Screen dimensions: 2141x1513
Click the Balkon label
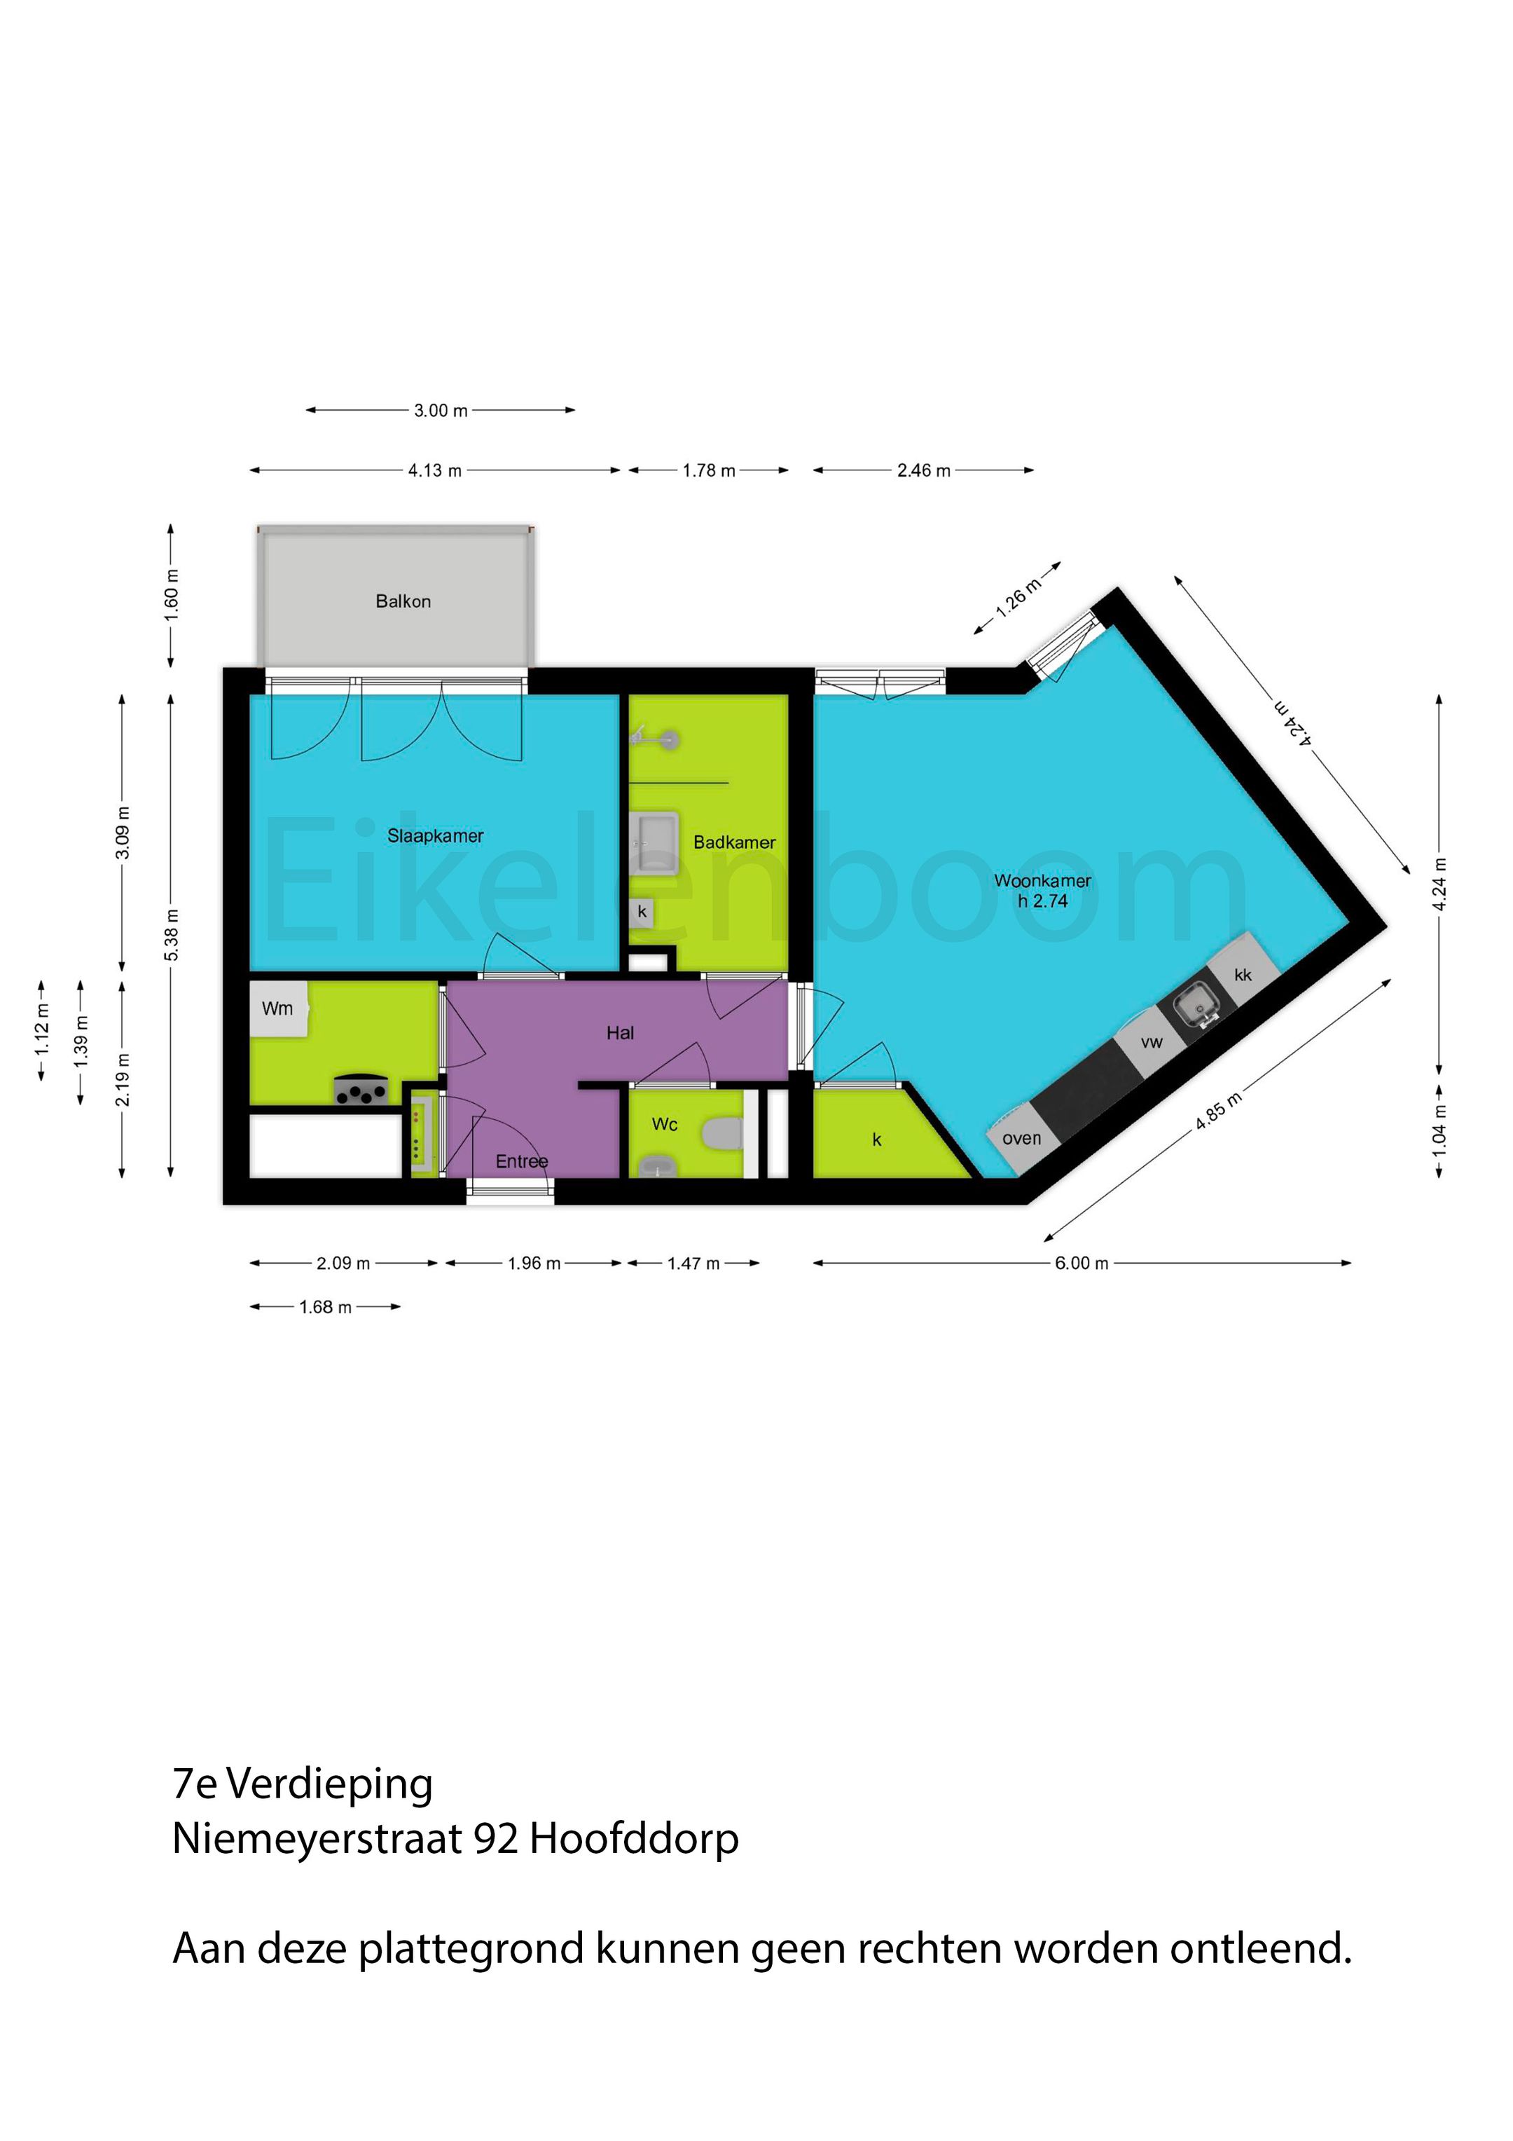[403, 601]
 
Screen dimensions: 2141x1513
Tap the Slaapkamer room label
[436, 835]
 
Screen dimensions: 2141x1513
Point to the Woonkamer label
[1042, 880]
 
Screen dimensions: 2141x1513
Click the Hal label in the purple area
[620, 1032]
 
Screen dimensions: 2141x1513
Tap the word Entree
[521, 1161]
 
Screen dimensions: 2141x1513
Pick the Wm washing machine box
[278, 1009]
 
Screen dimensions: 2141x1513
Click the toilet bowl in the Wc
[722, 1134]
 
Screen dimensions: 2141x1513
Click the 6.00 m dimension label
[1082, 1264]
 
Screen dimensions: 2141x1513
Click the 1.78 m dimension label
[708, 471]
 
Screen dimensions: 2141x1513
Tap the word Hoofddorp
[634, 1839]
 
